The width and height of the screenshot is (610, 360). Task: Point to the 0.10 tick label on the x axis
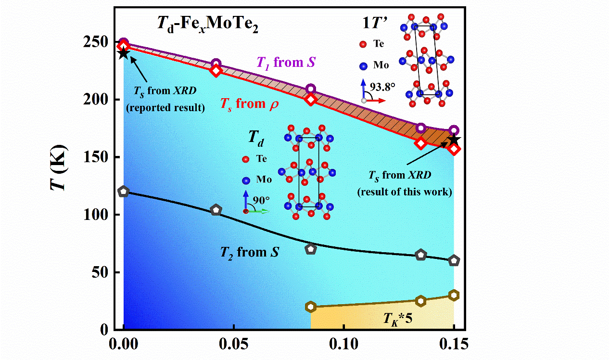tap(343, 346)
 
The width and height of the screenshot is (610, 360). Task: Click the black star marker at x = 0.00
tap(124, 53)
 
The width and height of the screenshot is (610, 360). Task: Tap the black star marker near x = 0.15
tap(454, 140)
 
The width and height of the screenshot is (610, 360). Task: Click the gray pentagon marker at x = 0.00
tap(124, 192)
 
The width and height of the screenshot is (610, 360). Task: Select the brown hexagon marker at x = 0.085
tap(311, 307)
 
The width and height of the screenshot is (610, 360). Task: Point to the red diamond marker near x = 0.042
tap(216, 71)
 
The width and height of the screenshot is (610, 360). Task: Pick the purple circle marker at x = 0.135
tap(421, 128)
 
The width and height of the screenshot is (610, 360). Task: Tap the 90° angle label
tap(262, 201)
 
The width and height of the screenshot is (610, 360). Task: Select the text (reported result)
tap(165, 108)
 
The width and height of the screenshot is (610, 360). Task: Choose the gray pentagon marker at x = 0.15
tap(454, 260)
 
